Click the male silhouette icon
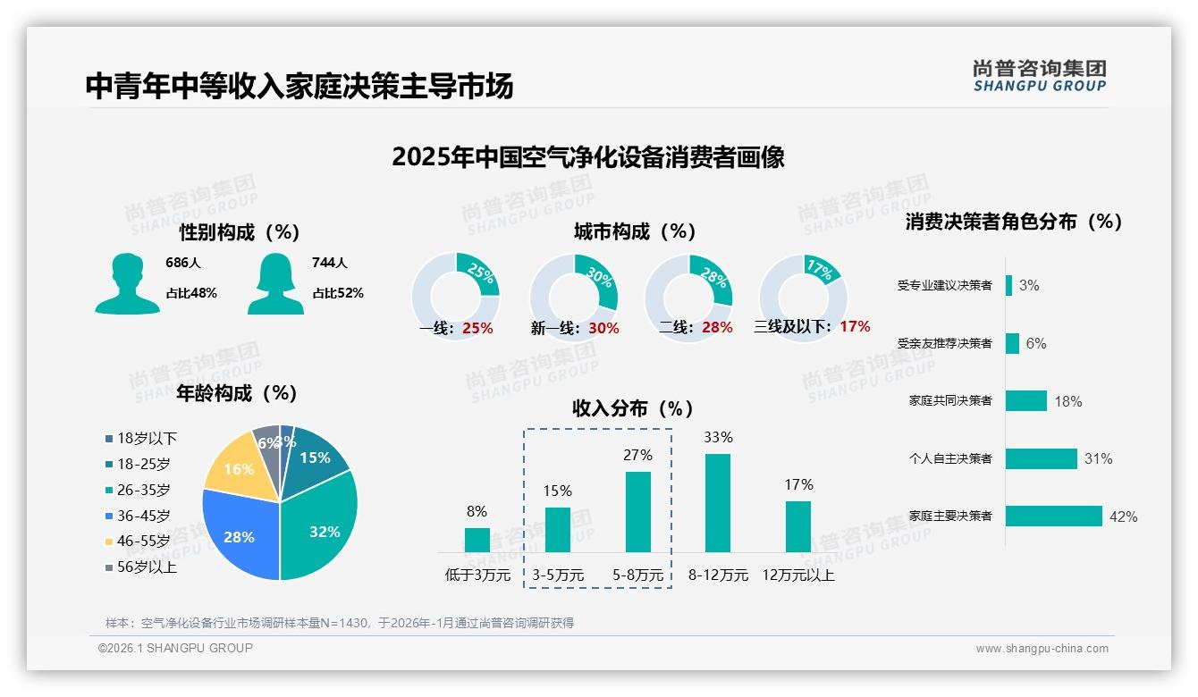tap(127, 283)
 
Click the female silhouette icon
tap(275, 283)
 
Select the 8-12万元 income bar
tap(718, 502)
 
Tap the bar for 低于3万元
tap(477, 540)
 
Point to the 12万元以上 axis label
tap(797, 575)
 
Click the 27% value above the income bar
tap(637, 455)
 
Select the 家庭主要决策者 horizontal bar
tap(1053, 516)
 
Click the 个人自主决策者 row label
tap(950, 458)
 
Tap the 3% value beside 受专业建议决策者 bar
tap(1029, 285)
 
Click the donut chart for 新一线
tap(574, 296)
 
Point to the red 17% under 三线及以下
tap(855, 326)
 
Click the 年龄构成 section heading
tap(236, 392)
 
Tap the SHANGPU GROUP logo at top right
tap(1039, 76)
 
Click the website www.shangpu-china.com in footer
tap(1042, 649)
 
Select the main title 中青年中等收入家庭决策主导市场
tap(299, 87)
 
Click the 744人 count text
tap(329, 263)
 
